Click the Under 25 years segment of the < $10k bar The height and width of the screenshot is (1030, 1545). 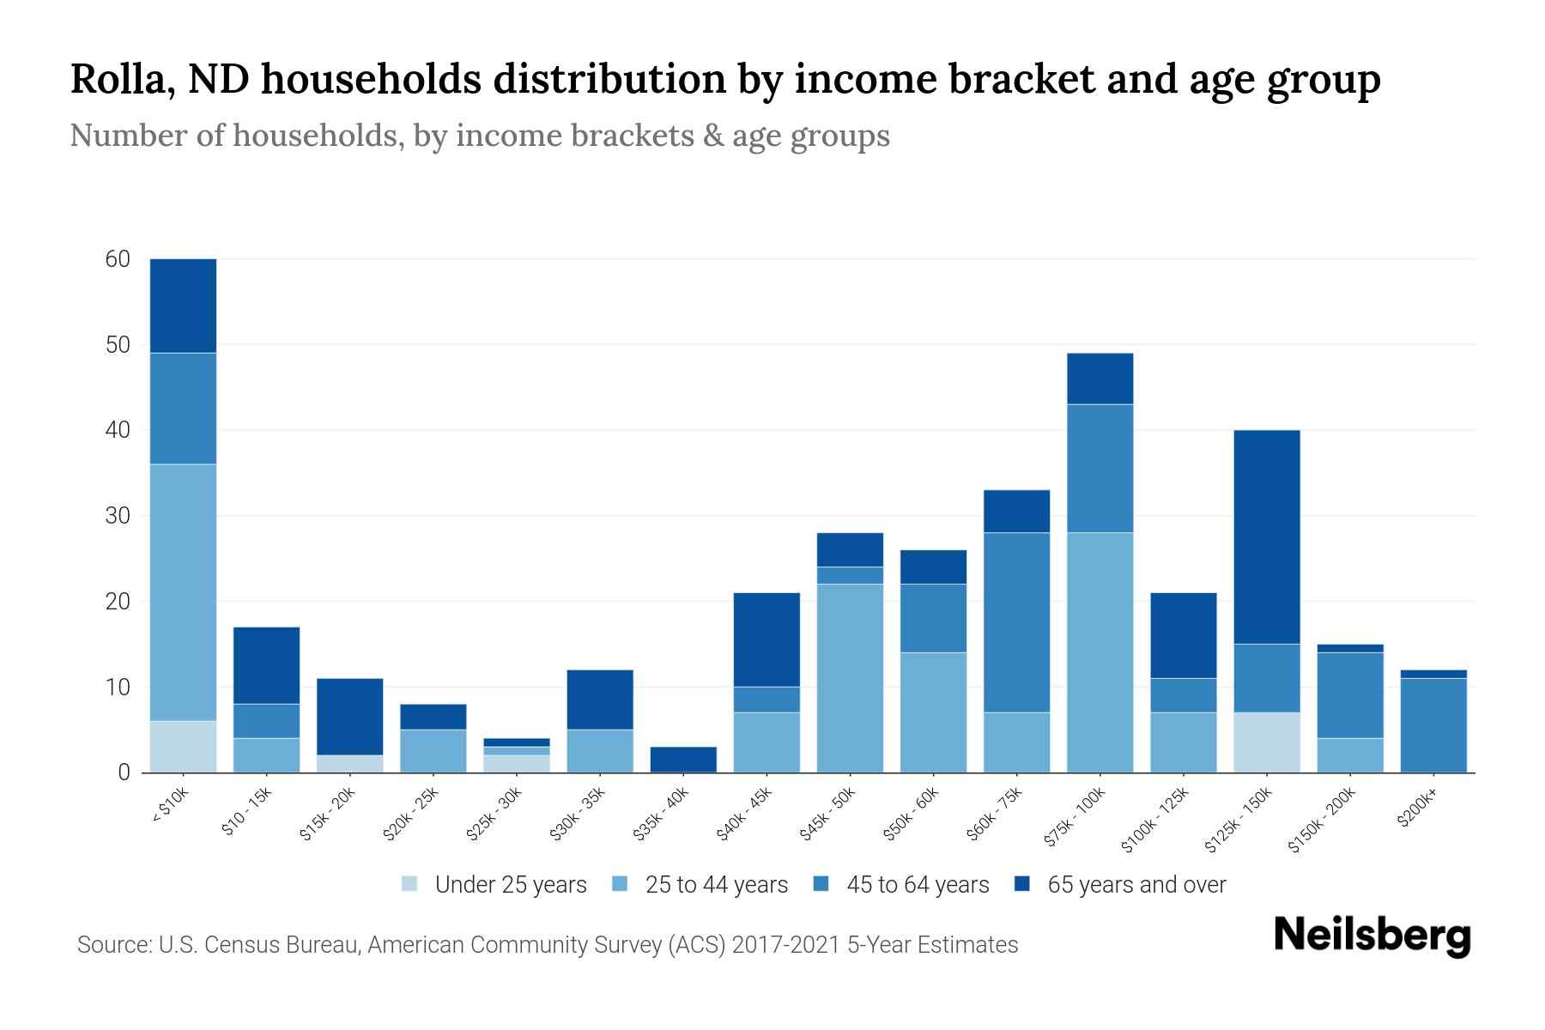(183, 746)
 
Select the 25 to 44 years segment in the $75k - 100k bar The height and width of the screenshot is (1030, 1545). (1100, 652)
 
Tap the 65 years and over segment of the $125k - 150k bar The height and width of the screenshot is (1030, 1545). (1266, 536)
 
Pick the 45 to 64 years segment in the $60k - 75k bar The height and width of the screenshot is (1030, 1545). (1016, 622)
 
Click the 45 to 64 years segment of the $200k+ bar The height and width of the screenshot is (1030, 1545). (1433, 725)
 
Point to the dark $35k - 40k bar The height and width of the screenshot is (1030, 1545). (683, 759)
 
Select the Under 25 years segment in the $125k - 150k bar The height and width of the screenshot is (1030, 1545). (1266, 742)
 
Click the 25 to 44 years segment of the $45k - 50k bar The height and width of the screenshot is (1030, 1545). (850, 678)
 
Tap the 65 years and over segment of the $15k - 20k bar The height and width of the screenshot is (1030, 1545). (349, 717)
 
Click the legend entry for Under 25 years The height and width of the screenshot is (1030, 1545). (510, 885)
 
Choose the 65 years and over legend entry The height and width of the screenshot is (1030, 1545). (1136, 885)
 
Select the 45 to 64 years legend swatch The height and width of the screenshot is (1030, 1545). (821, 884)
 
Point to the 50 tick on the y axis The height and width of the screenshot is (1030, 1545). (118, 345)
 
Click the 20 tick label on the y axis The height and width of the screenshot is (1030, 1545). (118, 602)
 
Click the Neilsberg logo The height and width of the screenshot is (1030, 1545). (1372, 936)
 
